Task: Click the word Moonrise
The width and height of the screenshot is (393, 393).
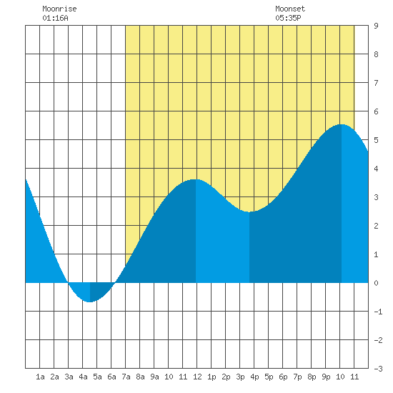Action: (59, 9)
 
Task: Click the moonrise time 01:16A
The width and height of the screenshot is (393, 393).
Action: (55, 18)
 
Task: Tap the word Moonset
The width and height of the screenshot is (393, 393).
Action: (290, 9)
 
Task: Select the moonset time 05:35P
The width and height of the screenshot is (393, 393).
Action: (288, 18)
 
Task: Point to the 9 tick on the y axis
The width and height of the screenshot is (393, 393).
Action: (376, 26)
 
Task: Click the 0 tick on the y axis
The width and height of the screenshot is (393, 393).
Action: (376, 283)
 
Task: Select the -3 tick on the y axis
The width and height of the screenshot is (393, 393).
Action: (378, 369)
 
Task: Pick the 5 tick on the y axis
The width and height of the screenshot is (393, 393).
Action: (376, 140)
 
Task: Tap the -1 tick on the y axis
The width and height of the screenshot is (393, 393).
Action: (378, 312)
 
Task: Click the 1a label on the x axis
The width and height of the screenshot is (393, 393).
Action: (40, 377)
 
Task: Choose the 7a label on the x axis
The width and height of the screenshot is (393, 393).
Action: (126, 377)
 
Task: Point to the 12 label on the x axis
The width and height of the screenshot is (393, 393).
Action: (197, 377)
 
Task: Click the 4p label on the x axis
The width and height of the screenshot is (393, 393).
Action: (254, 377)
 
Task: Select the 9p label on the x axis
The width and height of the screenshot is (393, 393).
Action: (326, 377)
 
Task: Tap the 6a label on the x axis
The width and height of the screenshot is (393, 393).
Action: (111, 377)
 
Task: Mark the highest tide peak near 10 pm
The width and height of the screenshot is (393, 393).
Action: (342, 124)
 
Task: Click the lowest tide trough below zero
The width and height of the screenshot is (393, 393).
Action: (90, 302)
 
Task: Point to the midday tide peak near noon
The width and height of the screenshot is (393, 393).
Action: (196, 179)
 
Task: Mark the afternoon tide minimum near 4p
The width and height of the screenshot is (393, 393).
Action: (249, 212)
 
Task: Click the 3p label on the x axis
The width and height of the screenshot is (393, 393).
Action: (240, 377)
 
